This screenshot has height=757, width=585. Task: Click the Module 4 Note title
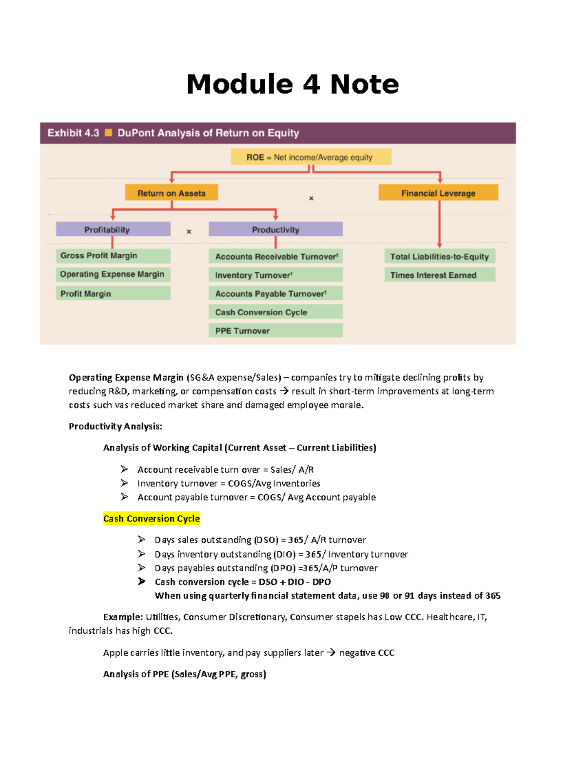click(292, 84)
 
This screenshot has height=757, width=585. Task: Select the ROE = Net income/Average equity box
click(311, 157)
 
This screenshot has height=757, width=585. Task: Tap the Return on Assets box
click(171, 193)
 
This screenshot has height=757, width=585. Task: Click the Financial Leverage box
click(438, 193)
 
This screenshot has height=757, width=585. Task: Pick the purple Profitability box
click(113, 230)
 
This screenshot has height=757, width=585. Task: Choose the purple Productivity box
click(275, 230)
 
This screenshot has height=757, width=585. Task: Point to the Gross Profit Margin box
click(113, 256)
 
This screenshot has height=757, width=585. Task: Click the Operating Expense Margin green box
click(113, 274)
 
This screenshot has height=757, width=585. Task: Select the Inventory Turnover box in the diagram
click(275, 275)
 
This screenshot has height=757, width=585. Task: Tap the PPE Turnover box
click(275, 330)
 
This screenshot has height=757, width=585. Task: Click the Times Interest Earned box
click(439, 275)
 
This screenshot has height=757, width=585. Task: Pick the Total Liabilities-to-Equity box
click(439, 256)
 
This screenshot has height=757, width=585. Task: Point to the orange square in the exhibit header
click(109, 133)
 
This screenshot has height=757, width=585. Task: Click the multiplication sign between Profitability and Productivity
click(189, 232)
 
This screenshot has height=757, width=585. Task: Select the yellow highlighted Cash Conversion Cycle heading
click(152, 519)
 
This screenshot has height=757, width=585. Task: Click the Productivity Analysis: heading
click(116, 427)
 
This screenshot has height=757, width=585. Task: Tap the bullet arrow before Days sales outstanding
click(141, 539)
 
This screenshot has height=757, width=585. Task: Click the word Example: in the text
click(123, 617)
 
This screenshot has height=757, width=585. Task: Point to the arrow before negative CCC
click(331, 653)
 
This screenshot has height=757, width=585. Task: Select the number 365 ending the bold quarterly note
click(493, 596)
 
